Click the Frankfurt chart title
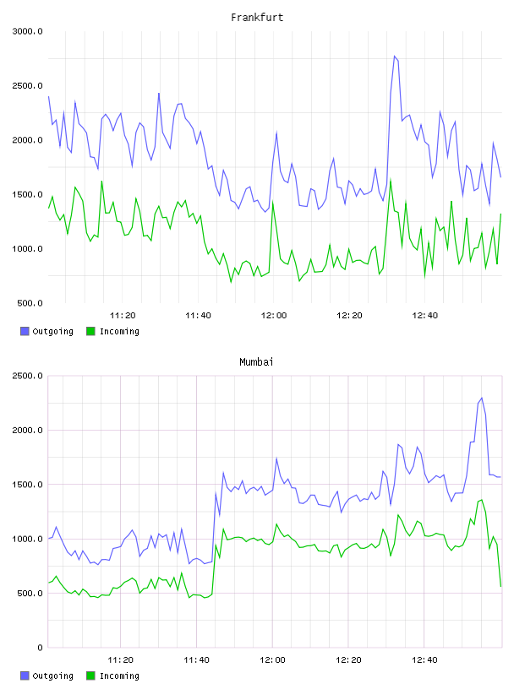[x=257, y=18]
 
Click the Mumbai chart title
[x=256, y=362]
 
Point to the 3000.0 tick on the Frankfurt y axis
[x=27, y=31]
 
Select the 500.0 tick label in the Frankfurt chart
[x=30, y=303]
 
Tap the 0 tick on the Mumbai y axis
[x=40, y=648]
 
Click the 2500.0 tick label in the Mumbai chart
[x=27, y=376]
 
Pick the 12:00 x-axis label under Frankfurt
[x=274, y=316]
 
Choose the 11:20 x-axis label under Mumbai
[x=121, y=660]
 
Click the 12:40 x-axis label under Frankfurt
[x=425, y=316]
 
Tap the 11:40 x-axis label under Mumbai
[x=196, y=660]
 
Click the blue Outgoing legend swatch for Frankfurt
[x=25, y=331]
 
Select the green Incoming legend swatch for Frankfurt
[x=90, y=331]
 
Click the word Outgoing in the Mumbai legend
[x=52, y=675]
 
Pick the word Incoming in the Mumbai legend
[x=119, y=675]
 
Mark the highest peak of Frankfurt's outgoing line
[x=394, y=56]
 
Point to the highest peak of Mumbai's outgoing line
[x=482, y=398]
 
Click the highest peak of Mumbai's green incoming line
[x=482, y=500]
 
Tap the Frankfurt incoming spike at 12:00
[x=273, y=202]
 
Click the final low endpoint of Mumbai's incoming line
[x=500, y=586]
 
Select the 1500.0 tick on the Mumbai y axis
[x=27, y=484]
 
